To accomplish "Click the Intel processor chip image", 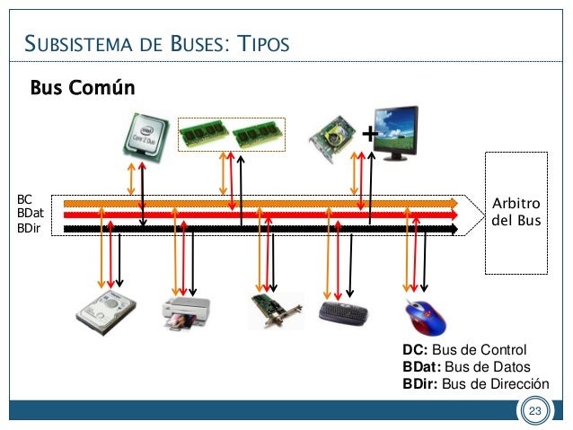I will tap(142, 135).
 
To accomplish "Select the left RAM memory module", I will tap(204, 135).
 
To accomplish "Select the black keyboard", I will tap(343, 312).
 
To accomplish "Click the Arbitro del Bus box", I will tap(516, 213).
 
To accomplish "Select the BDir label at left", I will tap(29, 229).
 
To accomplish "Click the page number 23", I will tap(535, 412).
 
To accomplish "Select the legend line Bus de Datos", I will tap(466, 367).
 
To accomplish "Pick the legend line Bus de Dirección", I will tap(475, 384).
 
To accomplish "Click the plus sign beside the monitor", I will tap(369, 135).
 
